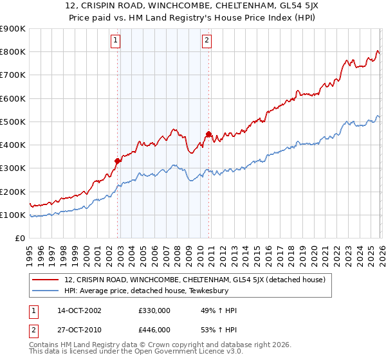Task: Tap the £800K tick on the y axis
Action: point(13,52)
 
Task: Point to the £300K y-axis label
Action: point(13,168)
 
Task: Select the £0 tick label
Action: point(19,239)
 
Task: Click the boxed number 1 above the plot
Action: point(116,40)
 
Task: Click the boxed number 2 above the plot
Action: point(207,40)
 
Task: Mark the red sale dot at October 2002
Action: point(118,161)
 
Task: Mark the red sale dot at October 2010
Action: point(208,134)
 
